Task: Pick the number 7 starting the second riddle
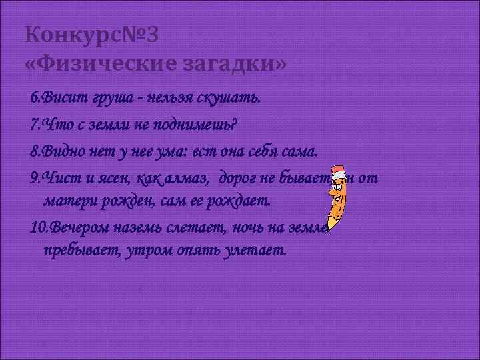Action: (x=34, y=125)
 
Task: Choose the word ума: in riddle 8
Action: (x=176, y=151)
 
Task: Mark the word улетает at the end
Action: (x=255, y=252)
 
